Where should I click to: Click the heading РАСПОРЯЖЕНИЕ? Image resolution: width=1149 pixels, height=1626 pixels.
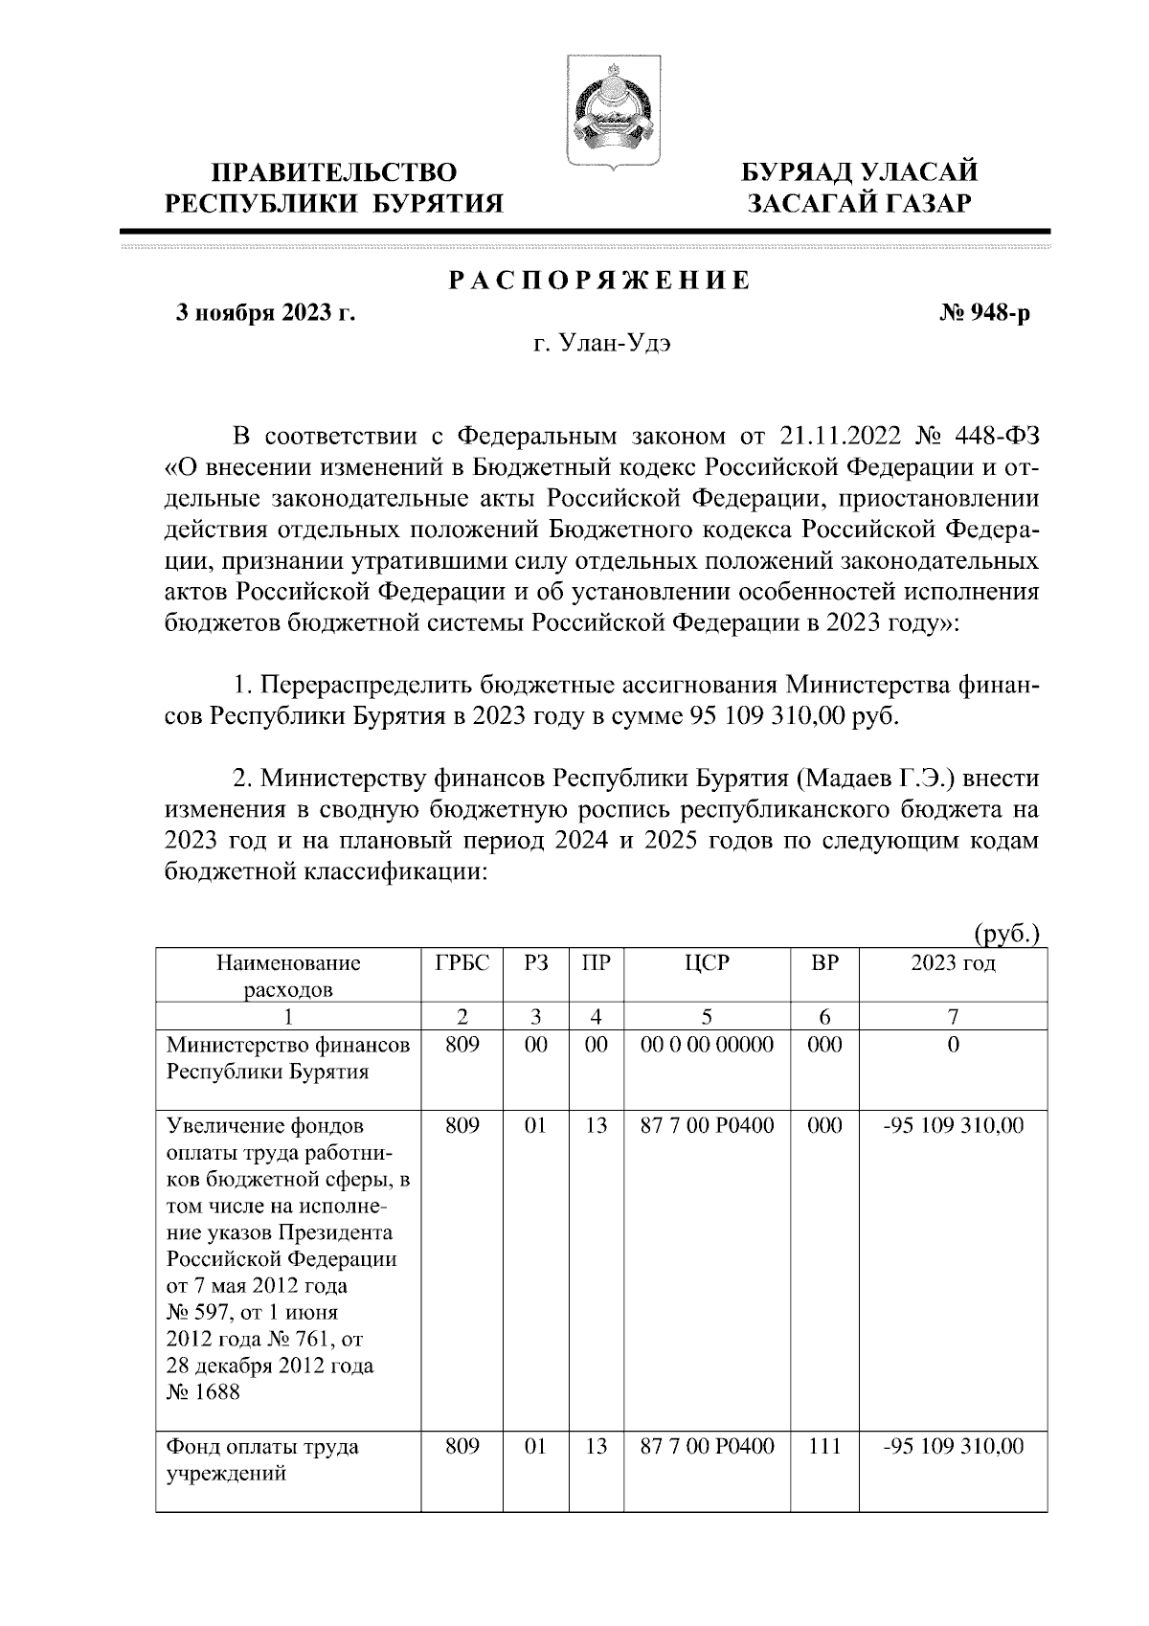pyautogui.click(x=599, y=282)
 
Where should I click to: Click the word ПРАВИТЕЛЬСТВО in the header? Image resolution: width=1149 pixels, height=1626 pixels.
pyautogui.click(x=334, y=173)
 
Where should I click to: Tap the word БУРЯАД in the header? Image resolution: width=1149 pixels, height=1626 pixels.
pyautogui.click(x=800, y=172)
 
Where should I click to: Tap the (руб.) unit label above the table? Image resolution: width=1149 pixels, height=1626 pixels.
pyautogui.click(x=1006, y=935)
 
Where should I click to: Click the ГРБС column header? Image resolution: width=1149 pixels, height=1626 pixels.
pyautogui.click(x=462, y=963)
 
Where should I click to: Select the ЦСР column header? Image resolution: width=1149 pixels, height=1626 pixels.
pyautogui.click(x=707, y=963)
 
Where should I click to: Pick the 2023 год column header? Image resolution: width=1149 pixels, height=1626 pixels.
pyautogui.click(x=952, y=963)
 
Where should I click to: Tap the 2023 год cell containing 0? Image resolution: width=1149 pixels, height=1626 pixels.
pyautogui.click(x=952, y=1046)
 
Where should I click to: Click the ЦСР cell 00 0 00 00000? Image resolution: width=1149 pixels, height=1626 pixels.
pyautogui.click(x=707, y=1046)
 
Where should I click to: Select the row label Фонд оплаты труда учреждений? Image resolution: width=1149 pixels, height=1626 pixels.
pyautogui.click(x=263, y=1459)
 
